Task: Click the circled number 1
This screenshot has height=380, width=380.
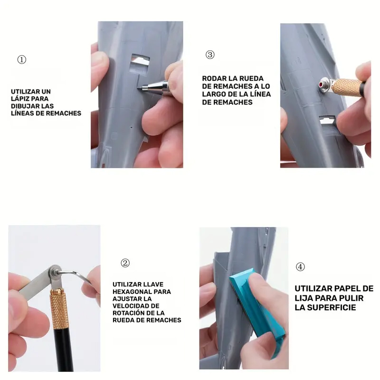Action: click(22, 60)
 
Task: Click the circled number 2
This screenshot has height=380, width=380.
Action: click(125, 263)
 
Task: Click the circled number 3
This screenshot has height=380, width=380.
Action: click(210, 55)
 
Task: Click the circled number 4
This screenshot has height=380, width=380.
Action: click(300, 267)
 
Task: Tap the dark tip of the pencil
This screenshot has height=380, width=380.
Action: click(140, 88)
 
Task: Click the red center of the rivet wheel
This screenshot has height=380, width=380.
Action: click(321, 85)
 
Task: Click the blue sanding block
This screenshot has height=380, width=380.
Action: click(257, 313)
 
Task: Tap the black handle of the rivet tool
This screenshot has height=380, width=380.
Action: click(64, 349)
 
